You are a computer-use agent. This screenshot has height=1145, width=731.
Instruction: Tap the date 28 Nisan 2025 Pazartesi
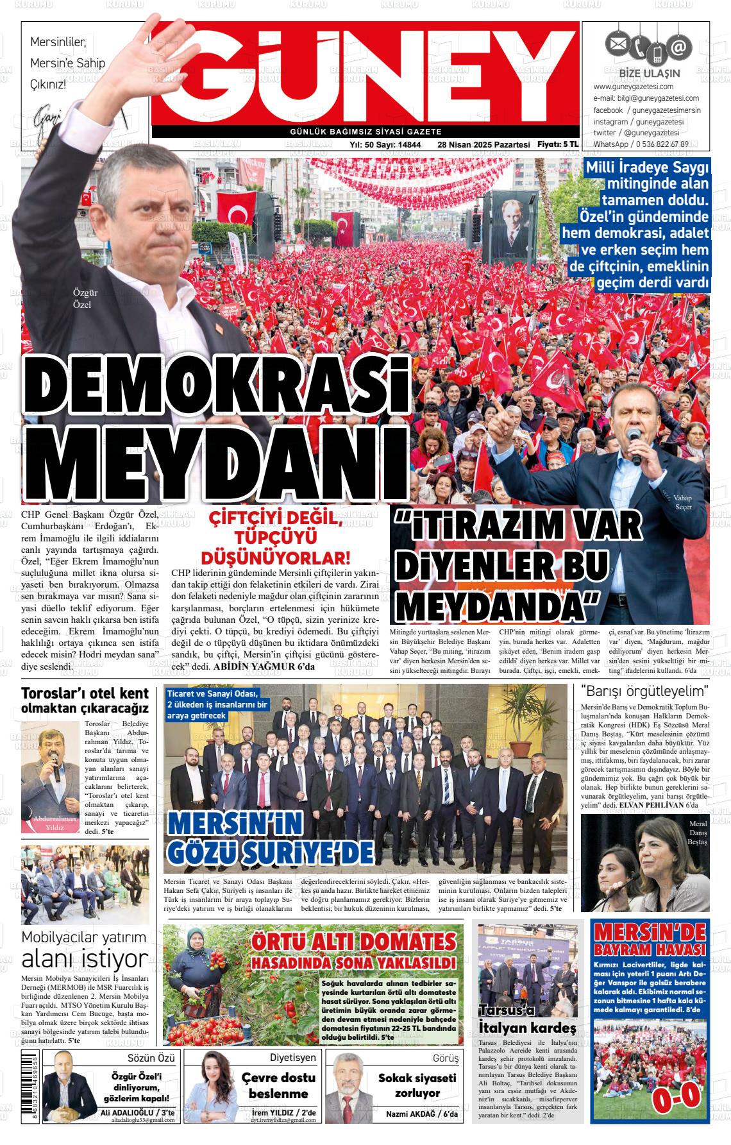(483, 145)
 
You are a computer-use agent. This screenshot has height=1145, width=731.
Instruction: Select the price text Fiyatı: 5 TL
(558, 144)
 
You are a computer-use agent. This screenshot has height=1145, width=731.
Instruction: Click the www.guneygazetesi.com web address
(633, 87)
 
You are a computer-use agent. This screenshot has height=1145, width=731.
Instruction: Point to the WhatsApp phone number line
(641, 144)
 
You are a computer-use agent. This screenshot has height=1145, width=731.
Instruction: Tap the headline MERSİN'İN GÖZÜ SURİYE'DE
(269, 841)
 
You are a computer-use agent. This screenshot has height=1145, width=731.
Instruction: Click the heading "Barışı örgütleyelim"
(644, 691)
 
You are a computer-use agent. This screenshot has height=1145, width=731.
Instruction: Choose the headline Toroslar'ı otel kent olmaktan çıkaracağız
(85, 700)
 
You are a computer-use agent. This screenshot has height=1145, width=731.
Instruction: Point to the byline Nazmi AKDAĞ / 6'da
(422, 1115)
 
